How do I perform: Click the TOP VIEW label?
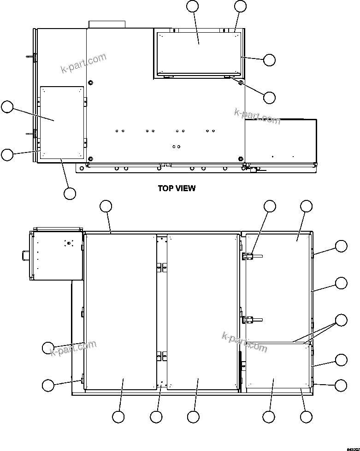pyautogui.click(x=177, y=188)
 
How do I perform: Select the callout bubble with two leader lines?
pyautogui.click(x=341, y=320)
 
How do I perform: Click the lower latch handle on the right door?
pyautogui.click(x=253, y=319)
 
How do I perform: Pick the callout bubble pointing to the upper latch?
pyautogui.click(x=270, y=206)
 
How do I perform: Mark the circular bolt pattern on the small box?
pyautogui.click(x=68, y=243)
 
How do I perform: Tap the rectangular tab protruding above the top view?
pyautogui.click(x=107, y=24)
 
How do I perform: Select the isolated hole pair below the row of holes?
pyautogui.click(x=176, y=146)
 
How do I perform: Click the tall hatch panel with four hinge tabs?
pyautogui.click(x=61, y=123)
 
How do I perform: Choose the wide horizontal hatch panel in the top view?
pyautogui.click(x=199, y=53)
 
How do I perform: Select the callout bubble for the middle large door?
pyautogui.click(x=193, y=417)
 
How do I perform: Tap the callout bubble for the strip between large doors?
pyautogui.click(x=156, y=417)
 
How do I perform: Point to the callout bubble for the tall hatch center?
pyautogui.click(x=7, y=107)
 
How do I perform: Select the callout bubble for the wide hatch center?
pyautogui.click(x=193, y=6)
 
